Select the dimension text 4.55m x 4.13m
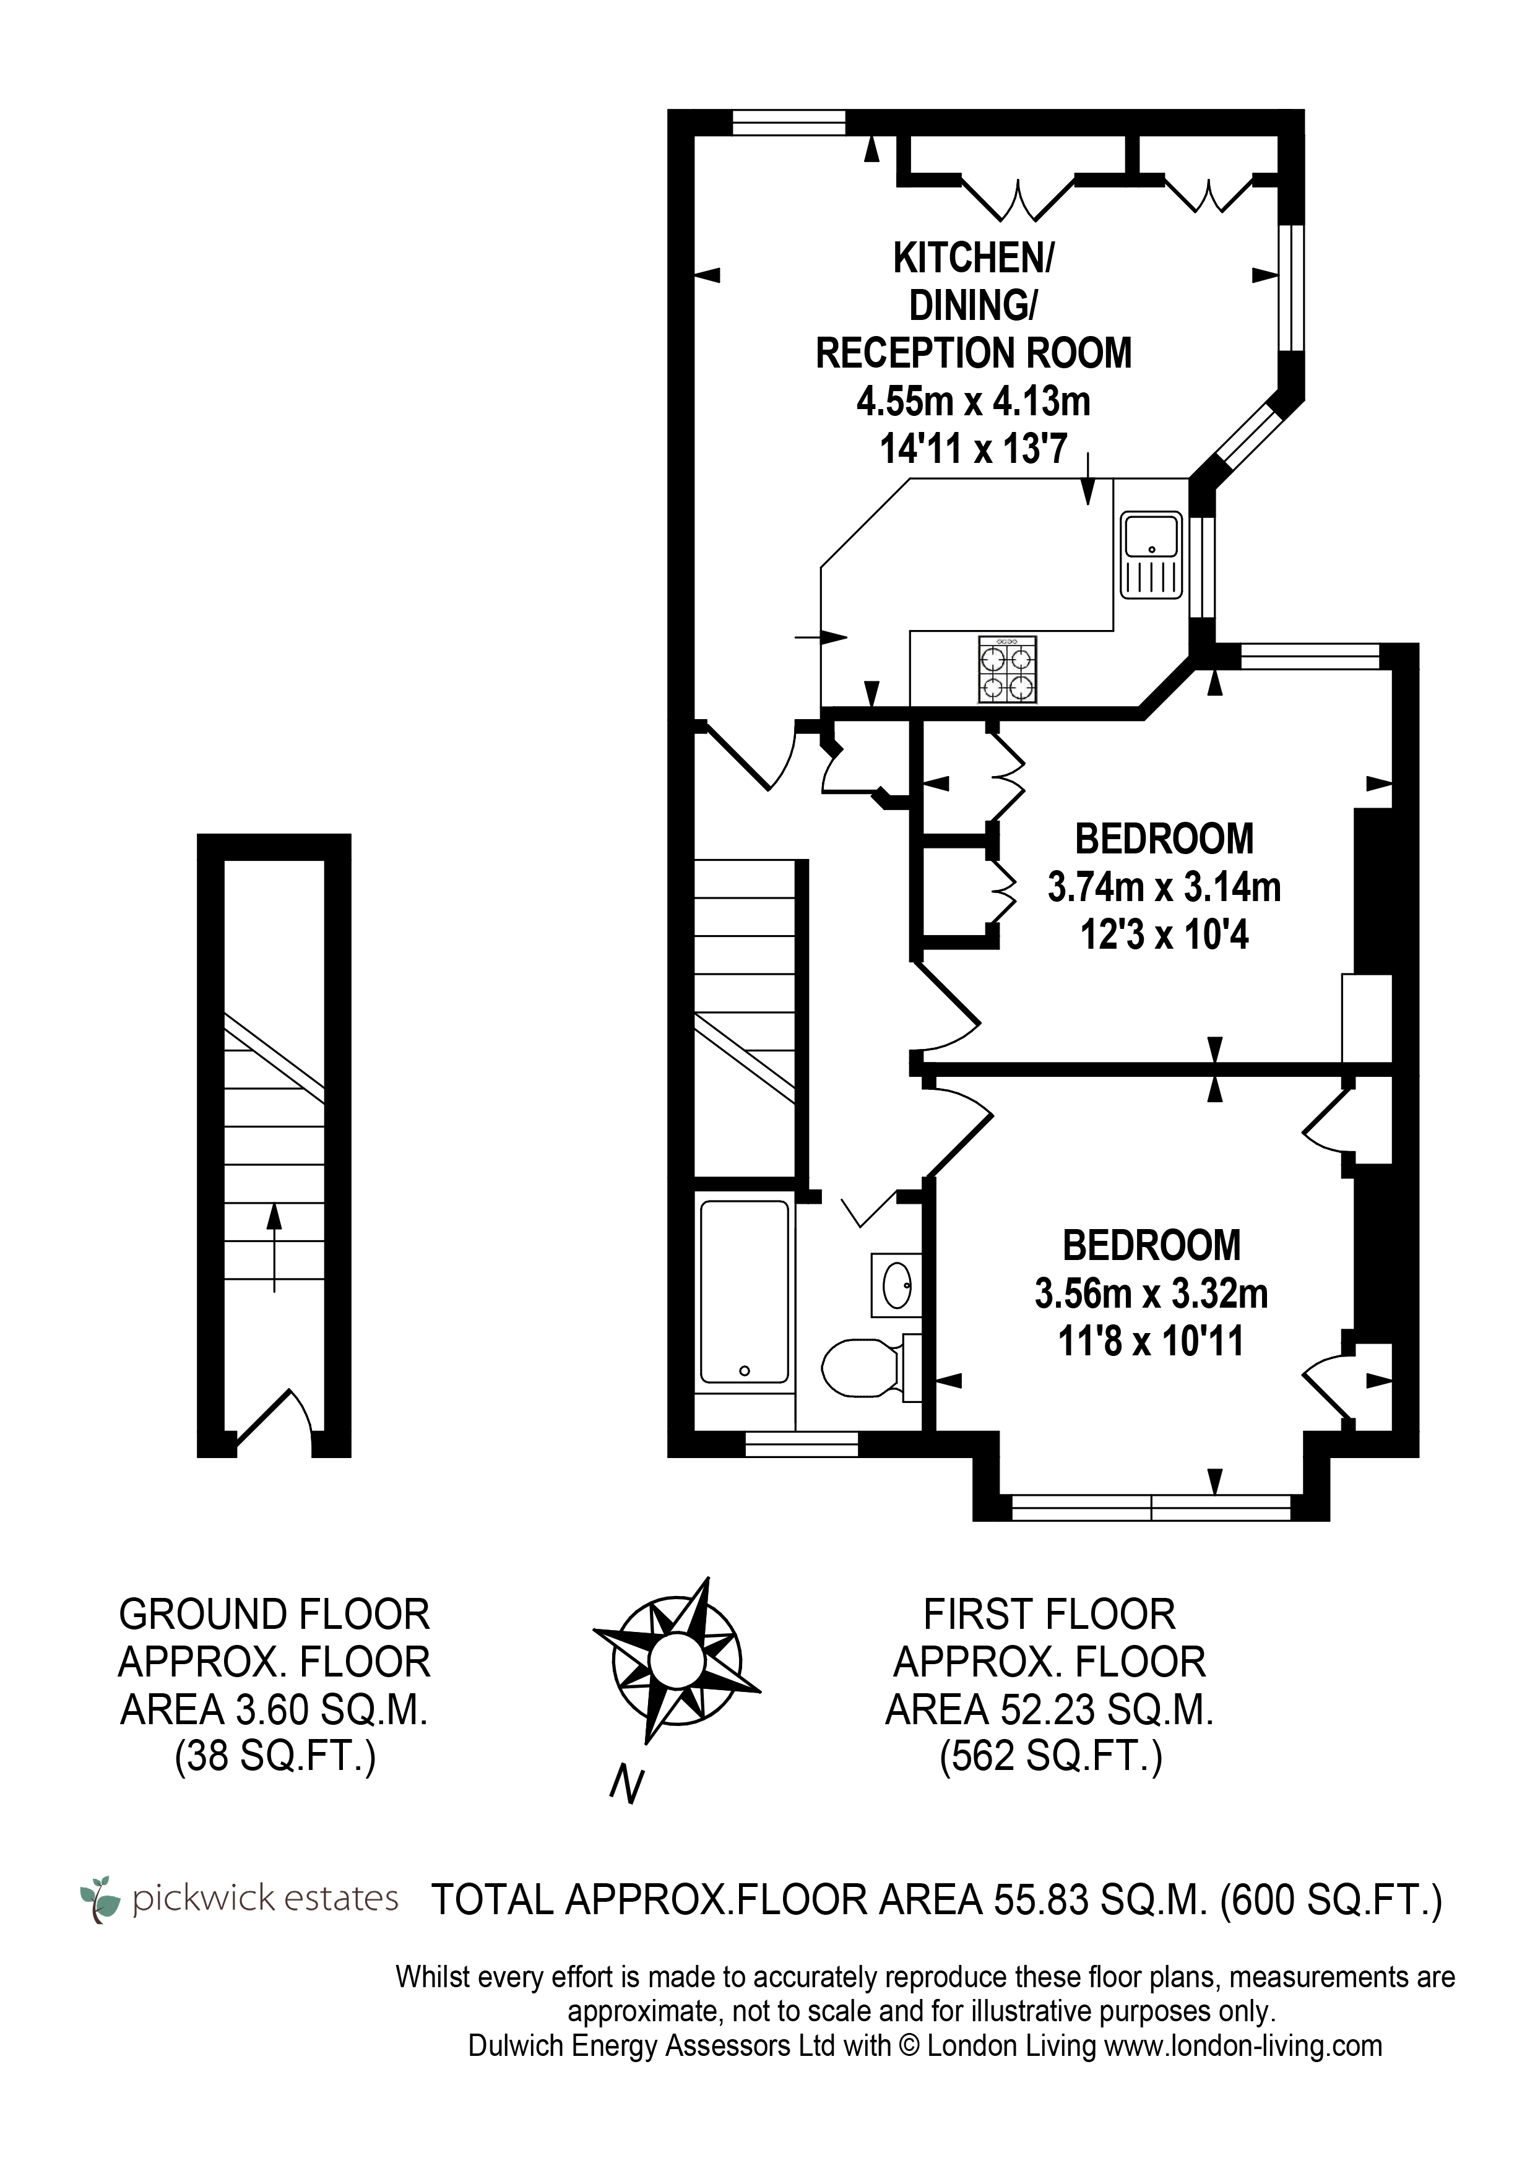click(973, 402)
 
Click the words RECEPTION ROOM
click(973, 353)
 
